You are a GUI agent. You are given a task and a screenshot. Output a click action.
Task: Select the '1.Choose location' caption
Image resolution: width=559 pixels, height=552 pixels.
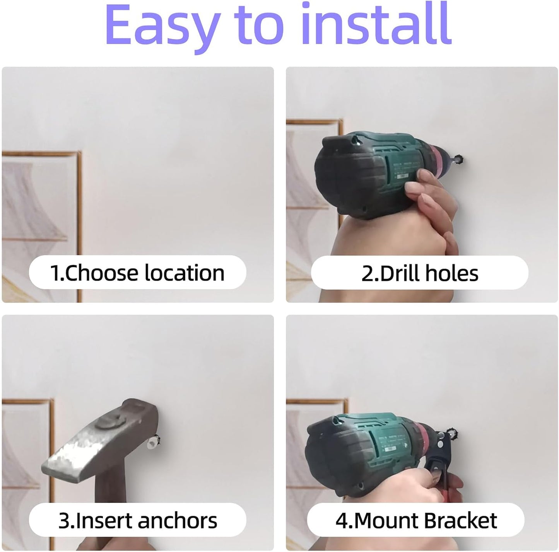click(137, 273)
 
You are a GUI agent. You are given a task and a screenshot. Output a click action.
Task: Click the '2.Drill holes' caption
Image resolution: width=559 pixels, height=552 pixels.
click(420, 273)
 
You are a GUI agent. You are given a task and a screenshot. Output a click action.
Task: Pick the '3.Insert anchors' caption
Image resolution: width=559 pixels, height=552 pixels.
click(138, 520)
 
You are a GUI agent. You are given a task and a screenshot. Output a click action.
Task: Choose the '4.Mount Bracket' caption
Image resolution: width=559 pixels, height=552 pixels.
click(416, 520)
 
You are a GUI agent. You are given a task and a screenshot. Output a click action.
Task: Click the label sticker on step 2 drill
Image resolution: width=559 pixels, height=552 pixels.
click(402, 170)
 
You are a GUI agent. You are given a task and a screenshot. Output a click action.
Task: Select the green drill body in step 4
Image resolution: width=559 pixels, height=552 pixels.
click(387, 441)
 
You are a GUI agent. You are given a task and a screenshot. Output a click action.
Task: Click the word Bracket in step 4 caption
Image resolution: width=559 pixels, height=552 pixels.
click(460, 520)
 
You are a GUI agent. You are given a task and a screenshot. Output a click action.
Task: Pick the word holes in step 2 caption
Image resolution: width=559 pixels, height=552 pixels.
click(451, 273)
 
